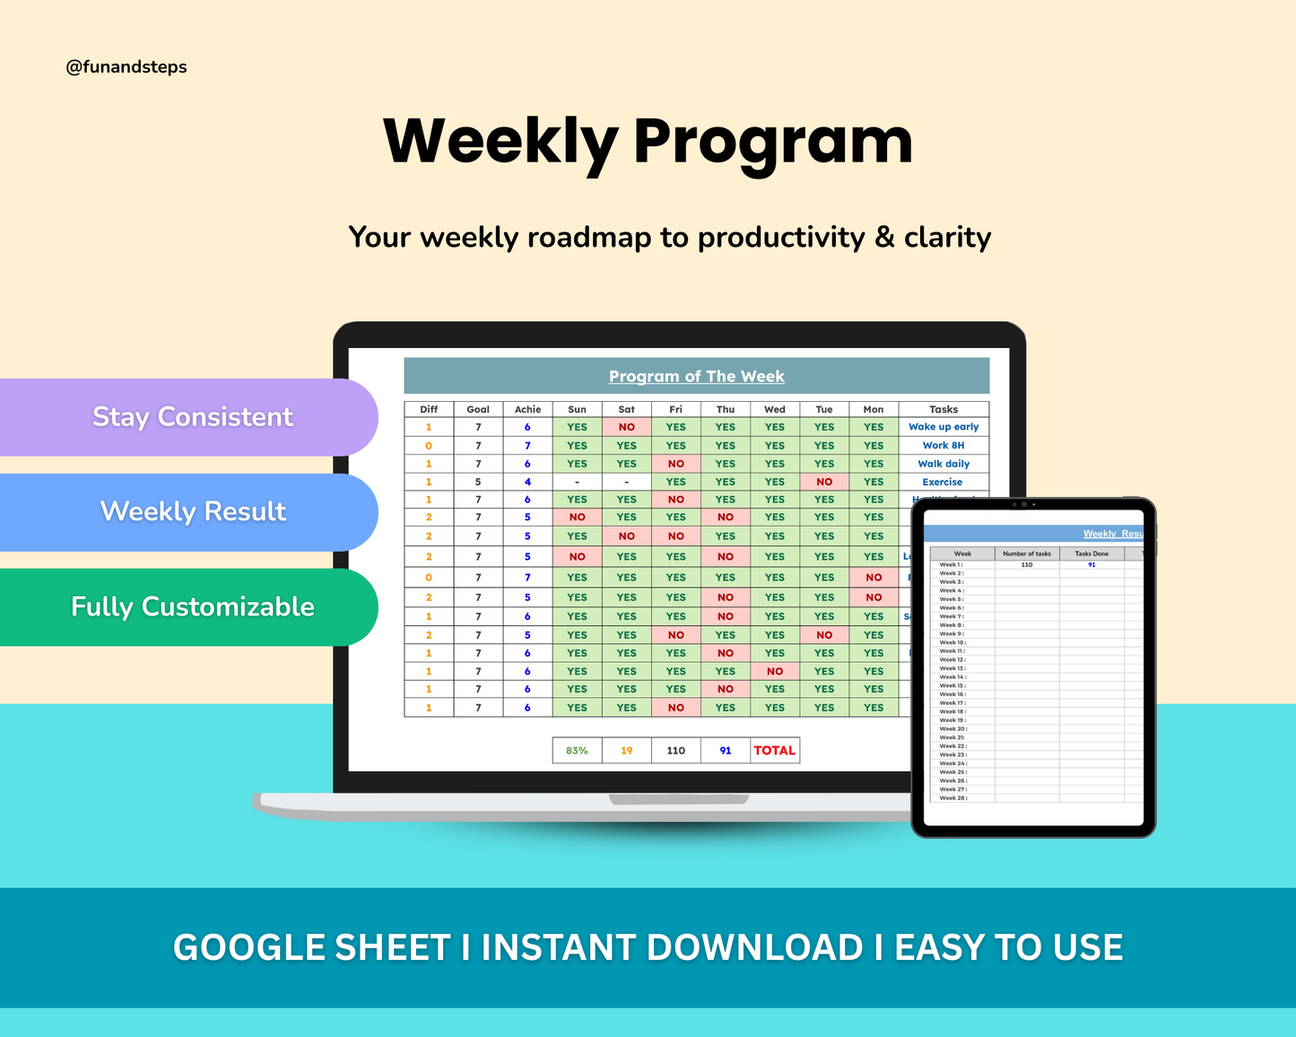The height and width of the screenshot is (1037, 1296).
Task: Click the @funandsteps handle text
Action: tap(126, 67)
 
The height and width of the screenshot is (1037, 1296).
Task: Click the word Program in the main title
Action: tap(773, 142)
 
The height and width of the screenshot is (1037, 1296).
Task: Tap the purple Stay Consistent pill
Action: tap(192, 417)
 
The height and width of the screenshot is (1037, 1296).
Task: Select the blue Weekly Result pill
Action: tap(193, 512)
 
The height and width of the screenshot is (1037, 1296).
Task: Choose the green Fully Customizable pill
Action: tap(192, 607)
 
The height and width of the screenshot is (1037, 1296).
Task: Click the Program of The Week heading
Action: tap(696, 377)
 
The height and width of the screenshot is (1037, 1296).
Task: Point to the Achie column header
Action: tap(527, 409)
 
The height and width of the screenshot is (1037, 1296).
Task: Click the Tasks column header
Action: tap(944, 409)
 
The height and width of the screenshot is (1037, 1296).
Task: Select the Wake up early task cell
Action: tap(944, 427)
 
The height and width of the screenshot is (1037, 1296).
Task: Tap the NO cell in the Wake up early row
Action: tap(626, 427)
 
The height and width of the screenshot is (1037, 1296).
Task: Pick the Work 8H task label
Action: tap(944, 445)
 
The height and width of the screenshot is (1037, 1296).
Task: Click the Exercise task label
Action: tap(943, 482)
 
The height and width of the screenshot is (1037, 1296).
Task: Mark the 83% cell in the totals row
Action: tap(577, 751)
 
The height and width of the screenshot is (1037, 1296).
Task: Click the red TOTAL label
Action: tap(775, 751)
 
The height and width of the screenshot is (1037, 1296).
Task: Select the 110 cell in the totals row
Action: tap(676, 751)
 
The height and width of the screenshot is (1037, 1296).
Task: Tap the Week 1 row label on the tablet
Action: tap(951, 564)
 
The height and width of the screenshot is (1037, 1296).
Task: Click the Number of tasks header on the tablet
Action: tap(1027, 553)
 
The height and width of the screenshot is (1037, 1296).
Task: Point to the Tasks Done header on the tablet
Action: tap(1092, 553)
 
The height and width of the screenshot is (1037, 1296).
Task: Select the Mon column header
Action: tap(874, 409)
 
